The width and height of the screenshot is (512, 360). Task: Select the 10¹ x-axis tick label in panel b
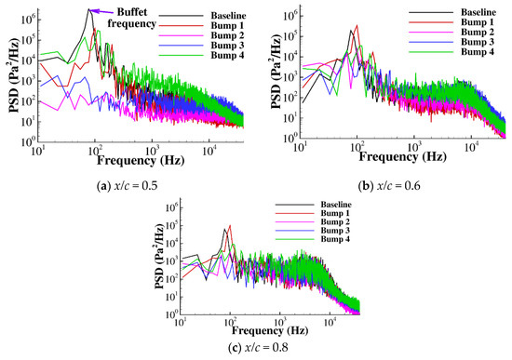(x=299, y=146)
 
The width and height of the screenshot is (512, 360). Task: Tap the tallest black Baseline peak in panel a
(x=89, y=11)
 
